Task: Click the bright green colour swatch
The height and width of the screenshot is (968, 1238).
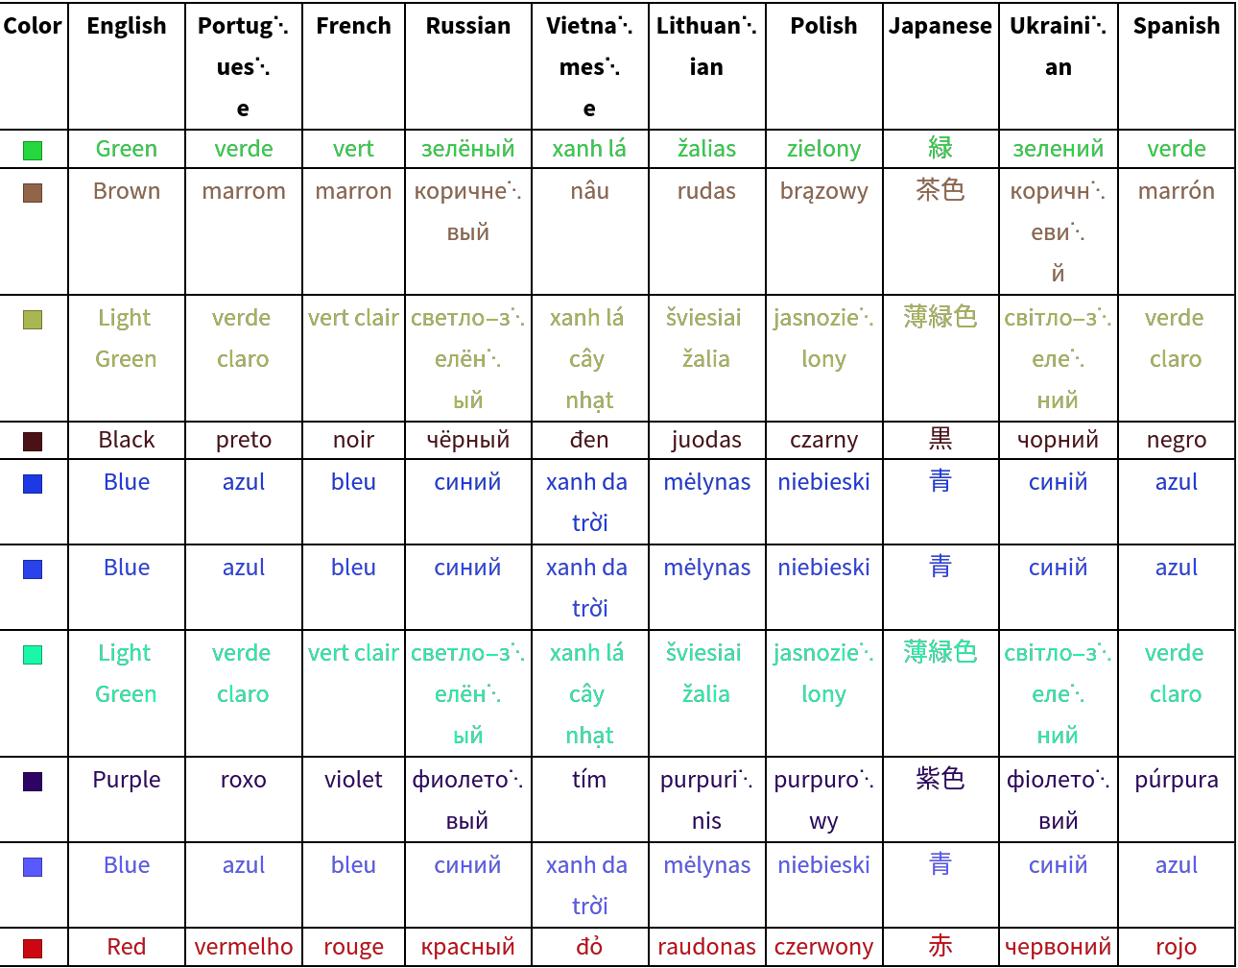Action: [33, 151]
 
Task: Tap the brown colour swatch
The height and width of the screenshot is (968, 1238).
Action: [33, 193]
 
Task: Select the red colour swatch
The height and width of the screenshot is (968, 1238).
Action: [33, 949]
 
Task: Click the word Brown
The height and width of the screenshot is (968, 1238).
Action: [127, 191]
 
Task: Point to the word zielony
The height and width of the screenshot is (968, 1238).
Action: [823, 149]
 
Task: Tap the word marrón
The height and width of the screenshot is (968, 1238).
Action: [1176, 191]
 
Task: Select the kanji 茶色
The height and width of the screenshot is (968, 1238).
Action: [940, 190]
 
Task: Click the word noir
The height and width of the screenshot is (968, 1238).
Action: [353, 440]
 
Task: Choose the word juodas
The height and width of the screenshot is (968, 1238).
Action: [706, 440]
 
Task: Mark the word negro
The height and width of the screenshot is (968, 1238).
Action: [1176, 441]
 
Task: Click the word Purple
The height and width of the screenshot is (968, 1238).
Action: [127, 780]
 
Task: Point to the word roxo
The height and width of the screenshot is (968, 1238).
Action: [244, 780]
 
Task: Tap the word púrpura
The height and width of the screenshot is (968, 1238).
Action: [1176, 780]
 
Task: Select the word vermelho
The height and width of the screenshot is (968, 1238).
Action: [244, 947]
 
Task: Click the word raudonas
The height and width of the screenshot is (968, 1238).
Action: [706, 947]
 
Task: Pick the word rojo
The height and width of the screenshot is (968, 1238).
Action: [1176, 948]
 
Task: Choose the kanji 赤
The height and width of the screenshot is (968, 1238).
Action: [940, 946]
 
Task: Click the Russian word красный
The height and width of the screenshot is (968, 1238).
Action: [468, 948]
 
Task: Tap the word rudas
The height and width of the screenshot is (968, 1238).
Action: [706, 191]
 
